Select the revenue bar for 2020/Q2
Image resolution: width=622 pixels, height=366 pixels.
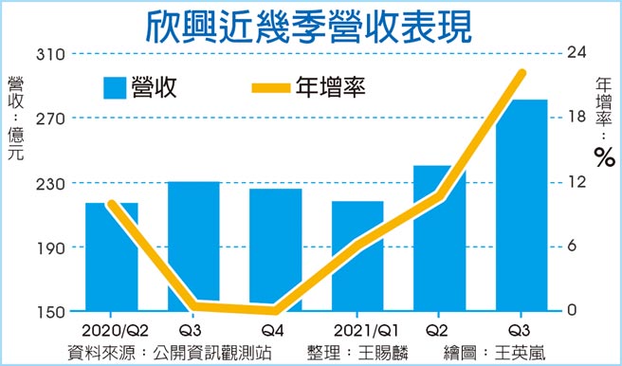click(x=111, y=256)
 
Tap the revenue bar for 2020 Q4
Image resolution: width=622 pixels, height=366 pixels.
click(x=275, y=248)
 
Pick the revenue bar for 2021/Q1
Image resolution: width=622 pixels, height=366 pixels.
click(x=357, y=255)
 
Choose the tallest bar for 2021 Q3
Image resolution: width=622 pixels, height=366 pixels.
click(x=521, y=205)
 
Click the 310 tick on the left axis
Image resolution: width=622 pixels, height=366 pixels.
click(x=49, y=54)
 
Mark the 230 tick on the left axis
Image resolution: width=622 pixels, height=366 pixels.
click(x=49, y=183)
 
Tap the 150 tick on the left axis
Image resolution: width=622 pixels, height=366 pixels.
click(x=49, y=312)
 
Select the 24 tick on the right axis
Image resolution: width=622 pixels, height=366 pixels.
click(x=576, y=54)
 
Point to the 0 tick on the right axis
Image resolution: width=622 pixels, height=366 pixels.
click(x=571, y=312)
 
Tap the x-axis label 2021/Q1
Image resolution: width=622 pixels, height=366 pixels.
click(x=357, y=330)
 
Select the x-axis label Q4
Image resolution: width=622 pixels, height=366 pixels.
click(x=274, y=330)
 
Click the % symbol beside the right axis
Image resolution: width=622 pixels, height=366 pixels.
click(x=604, y=157)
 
